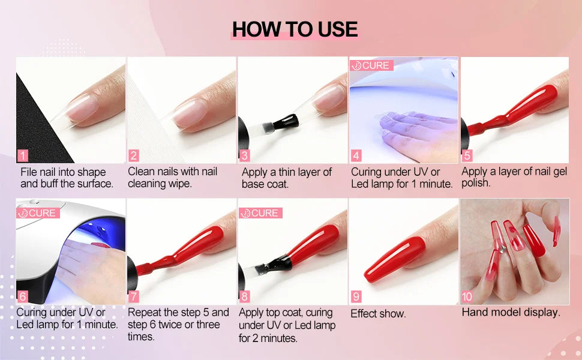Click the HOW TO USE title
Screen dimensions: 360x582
tap(295, 29)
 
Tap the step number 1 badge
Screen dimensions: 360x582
tap(23, 156)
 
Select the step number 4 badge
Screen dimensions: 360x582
tap(356, 156)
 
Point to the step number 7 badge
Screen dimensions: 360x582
tap(134, 296)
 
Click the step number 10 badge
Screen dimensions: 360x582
tap(467, 296)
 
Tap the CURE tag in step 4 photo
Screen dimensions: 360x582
tap(371, 65)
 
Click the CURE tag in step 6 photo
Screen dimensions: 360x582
tap(38, 213)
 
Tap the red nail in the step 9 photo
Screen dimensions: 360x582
tap(396, 259)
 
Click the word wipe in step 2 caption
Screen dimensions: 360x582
tap(180, 184)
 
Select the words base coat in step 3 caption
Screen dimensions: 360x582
tap(265, 184)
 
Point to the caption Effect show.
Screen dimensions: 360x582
tap(378, 313)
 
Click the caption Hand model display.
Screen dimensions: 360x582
tap(511, 312)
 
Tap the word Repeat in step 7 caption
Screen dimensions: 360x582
tap(144, 313)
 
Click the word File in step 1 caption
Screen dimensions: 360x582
tap(29, 172)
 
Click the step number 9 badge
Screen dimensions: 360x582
tap(356, 296)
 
